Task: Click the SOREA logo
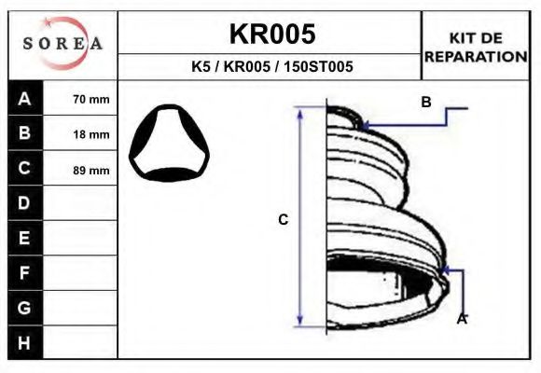(62, 44)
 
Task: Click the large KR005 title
(271, 34)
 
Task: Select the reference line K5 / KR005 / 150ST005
(271, 68)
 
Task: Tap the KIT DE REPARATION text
(477, 47)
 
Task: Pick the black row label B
(25, 134)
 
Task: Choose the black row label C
(25, 169)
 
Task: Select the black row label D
(25, 203)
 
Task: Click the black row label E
(25, 238)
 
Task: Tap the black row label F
(25, 272)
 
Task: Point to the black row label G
(25, 307)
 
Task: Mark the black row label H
(25, 342)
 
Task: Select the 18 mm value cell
(90, 134)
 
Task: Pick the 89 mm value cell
(90, 170)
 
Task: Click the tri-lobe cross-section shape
(169, 144)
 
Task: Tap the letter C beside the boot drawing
(283, 220)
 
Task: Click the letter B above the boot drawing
(425, 103)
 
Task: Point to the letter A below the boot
(461, 318)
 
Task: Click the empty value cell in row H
(81, 342)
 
